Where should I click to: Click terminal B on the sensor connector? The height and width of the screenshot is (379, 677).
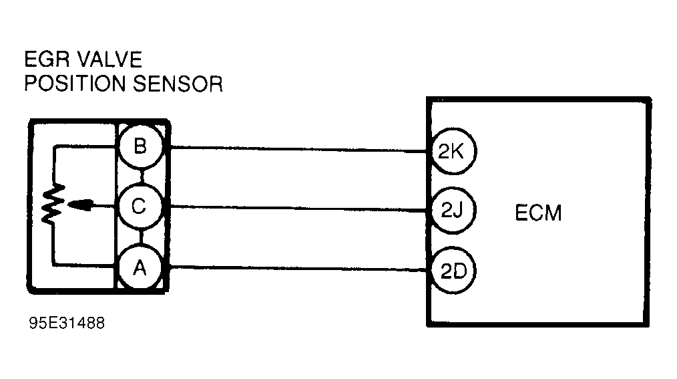140,147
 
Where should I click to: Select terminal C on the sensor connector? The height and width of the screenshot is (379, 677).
140,207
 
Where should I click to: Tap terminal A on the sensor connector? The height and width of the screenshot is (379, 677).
140,268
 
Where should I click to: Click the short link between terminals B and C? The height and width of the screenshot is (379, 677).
140,177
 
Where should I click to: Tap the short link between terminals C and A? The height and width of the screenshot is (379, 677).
140,237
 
